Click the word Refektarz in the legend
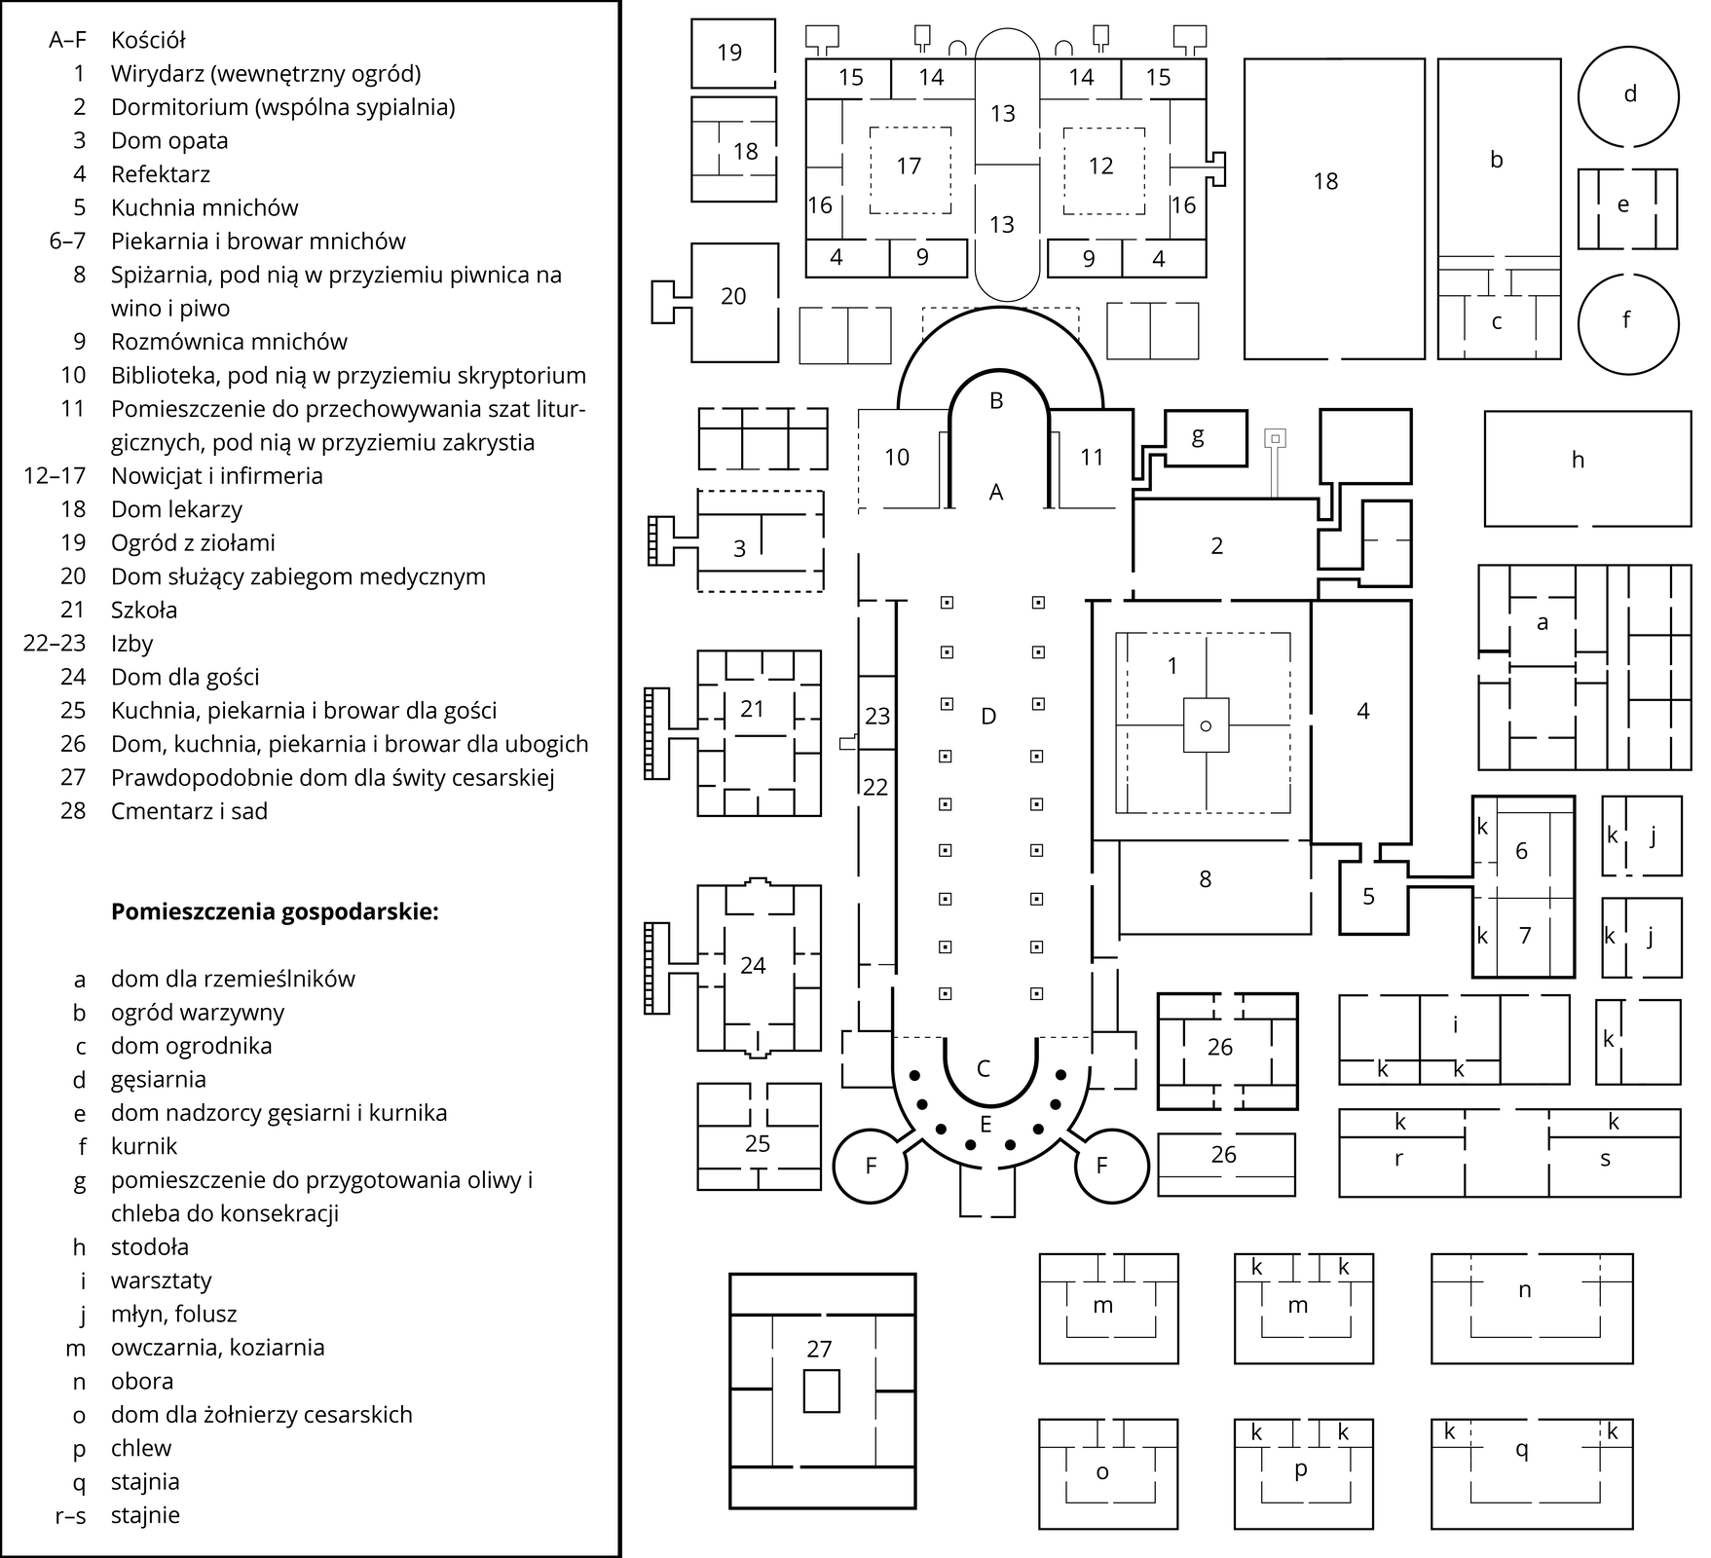coord(160,174)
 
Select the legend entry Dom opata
coord(169,140)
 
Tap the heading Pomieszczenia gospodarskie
coord(276,912)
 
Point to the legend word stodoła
coord(150,1247)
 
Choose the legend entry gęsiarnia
coord(159,1080)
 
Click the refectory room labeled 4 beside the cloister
coord(1361,723)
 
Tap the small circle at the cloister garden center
coord(1206,725)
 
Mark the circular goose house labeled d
coord(1629,96)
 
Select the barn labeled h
coord(1587,469)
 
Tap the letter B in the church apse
coord(996,401)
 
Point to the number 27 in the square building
coord(820,1349)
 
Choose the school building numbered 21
coord(759,733)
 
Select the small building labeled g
coord(1206,439)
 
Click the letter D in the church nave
coord(988,717)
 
